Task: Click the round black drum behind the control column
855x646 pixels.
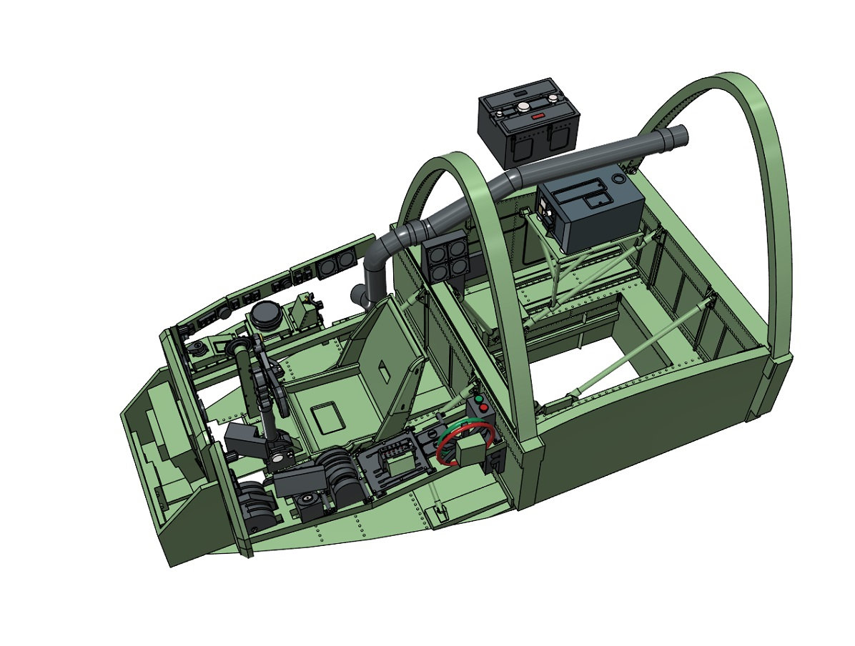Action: pyautogui.click(x=266, y=316)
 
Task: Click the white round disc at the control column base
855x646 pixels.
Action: pyautogui.click(x=308, y=495)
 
